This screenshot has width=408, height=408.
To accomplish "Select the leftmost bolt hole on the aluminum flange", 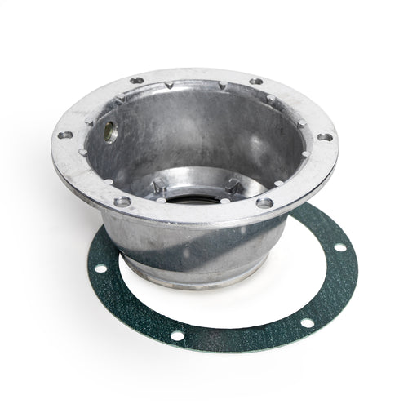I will tap(64, 136).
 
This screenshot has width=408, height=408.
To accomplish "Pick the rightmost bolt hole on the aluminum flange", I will tap(325, 137).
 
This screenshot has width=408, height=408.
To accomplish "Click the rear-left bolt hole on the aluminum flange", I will tap(136, 81).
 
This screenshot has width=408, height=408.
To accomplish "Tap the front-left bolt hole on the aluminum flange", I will tap(122, 200).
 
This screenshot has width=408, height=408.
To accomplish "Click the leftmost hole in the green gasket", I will tap(100, 268).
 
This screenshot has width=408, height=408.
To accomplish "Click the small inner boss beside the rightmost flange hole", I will tap(304, 152).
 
